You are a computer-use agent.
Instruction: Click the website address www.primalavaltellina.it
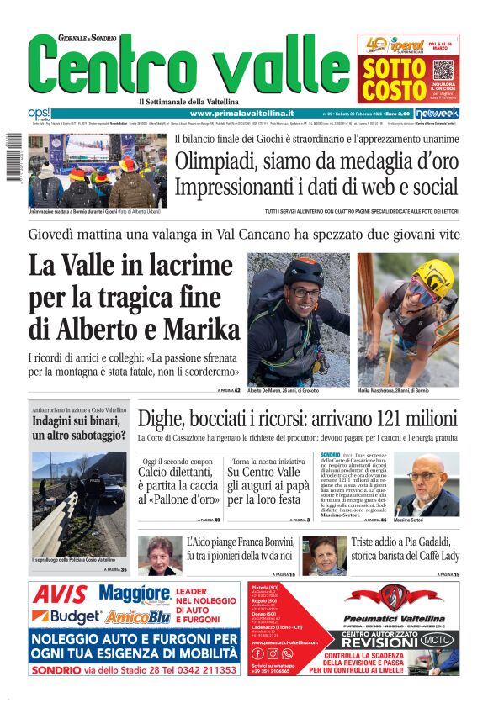point(241,113)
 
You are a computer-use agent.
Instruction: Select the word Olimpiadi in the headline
point(220,161)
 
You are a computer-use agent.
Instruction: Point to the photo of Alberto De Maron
point(298,319)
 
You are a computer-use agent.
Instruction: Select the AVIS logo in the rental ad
point(60,595)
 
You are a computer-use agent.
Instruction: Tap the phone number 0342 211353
point(202,669)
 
